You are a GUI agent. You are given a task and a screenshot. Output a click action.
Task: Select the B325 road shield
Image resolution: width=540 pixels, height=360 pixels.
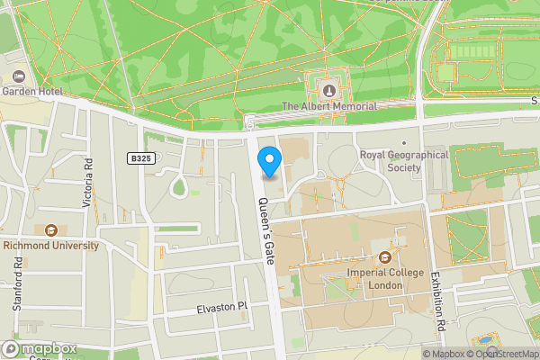138,158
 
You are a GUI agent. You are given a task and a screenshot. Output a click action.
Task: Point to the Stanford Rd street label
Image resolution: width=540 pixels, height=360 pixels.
17,284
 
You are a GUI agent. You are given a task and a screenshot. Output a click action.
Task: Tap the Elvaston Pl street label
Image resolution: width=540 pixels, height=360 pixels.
221,308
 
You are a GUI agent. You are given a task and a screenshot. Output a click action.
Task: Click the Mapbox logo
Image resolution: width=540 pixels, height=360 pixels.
40,348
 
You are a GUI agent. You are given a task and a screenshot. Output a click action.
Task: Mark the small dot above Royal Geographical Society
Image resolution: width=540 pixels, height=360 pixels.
404,142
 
